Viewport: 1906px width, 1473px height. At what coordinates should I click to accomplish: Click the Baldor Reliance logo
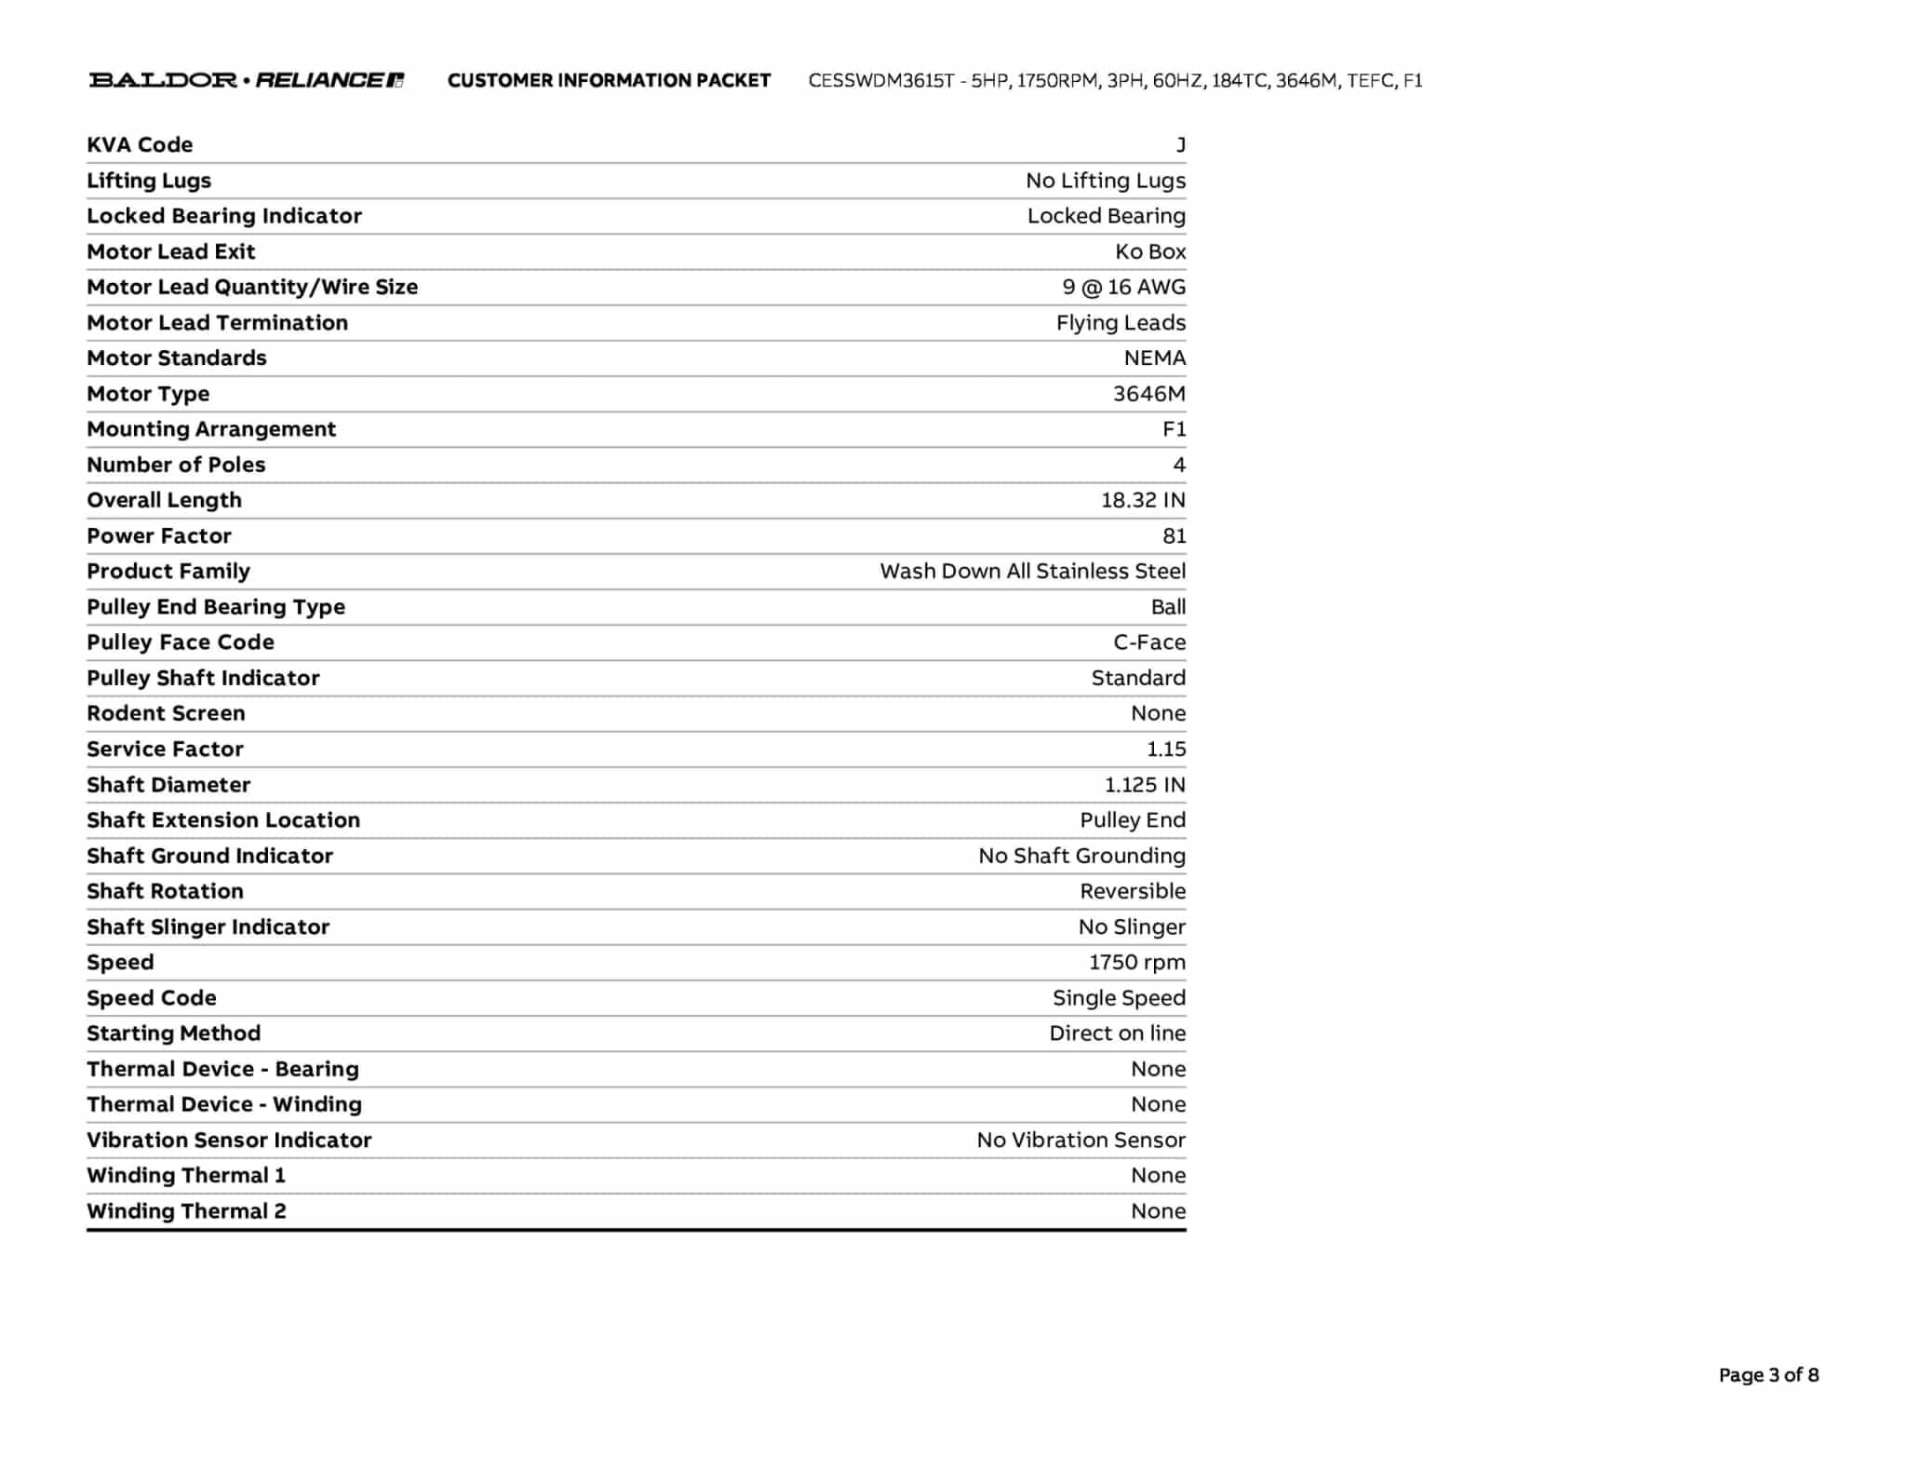[247, 80]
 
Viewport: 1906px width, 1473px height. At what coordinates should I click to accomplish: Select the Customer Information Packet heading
[609, 81]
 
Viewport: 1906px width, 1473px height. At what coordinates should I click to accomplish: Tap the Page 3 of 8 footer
[1768, 1375]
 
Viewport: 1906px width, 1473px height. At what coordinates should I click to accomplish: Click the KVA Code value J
[1180, 145]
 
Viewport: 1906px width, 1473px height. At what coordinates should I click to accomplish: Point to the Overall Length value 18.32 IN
[1143, 500]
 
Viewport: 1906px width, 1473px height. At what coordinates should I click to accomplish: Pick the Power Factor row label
[159, 536]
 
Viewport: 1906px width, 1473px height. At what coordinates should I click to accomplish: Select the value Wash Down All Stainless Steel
[1032, 572]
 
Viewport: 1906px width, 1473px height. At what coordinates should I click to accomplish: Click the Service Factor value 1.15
[1166, 750]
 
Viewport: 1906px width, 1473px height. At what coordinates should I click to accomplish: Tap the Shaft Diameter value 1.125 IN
[1145, 785]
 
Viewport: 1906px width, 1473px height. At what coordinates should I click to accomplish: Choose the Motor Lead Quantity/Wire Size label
[252, 287]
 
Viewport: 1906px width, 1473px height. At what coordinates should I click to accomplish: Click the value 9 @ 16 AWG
[1123, 287]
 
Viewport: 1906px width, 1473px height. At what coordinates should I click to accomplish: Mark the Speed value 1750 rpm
[1137, 963]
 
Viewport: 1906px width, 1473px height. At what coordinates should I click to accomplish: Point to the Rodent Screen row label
[166, 713]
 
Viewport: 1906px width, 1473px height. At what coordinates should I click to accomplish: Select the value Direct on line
[1117, 1034]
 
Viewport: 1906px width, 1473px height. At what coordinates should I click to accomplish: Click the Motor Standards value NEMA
[1154, 358]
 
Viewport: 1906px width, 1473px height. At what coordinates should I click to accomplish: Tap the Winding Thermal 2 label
[186, 1211]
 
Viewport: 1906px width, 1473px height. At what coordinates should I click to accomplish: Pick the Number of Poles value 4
[1179, 465]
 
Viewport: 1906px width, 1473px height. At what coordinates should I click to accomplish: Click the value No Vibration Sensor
[1081, 1141]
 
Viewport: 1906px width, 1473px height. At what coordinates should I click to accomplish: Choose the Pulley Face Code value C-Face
[1149, 642]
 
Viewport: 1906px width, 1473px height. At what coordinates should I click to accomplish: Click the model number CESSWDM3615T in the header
[880, 81]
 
